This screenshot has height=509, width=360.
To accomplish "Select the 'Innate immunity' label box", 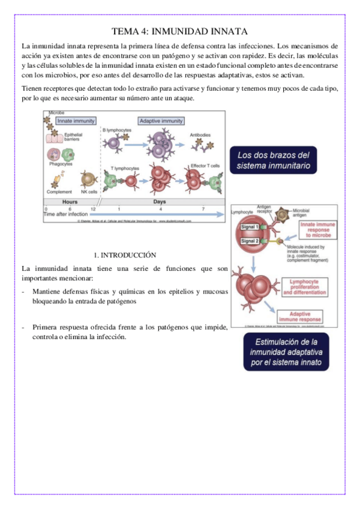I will pos(76,121).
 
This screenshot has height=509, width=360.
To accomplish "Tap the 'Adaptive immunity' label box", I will pos(161,121).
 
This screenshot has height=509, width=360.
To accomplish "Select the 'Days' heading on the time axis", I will pos(159,202).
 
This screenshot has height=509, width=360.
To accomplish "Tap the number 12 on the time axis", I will pos(93,208).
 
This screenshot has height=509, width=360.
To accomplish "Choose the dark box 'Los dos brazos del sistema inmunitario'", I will pos(274,160).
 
